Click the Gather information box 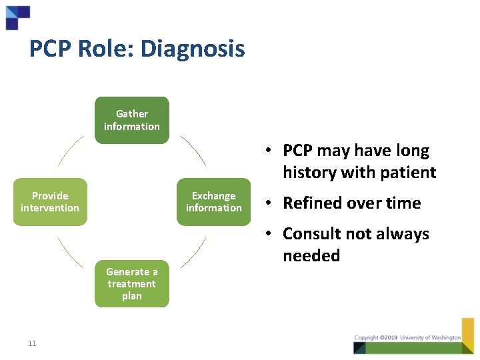coord(132,120)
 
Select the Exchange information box coord(213,202)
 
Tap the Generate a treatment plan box coord(132,283)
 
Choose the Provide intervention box coord(50,202)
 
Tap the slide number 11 coord(32,343)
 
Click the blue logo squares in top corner coord(17,17)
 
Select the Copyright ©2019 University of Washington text coord(407,337)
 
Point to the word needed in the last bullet coord(311,256)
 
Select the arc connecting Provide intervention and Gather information coord(69,150)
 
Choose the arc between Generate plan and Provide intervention coord(69,253)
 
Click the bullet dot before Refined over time coord(265,203)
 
